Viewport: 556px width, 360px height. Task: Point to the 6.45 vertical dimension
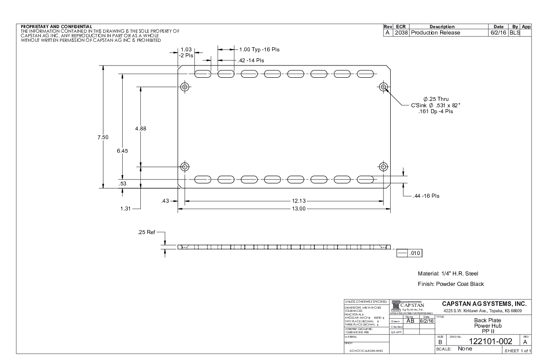pyautogui.click(x=123, y=151)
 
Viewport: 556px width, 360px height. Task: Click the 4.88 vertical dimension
pyautogui.click(x=141, y=128)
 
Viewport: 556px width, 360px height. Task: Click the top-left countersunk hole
pyautogui.click(x=185, y=86)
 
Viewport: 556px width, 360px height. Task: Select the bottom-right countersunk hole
pyautogui.click(x=384, y=166)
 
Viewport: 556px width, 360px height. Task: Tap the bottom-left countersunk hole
pyautogui.click(x=185, y=166)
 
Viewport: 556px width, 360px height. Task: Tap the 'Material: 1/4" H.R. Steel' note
pyautogui.click(x=448, y=274)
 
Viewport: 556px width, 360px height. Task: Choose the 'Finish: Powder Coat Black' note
pyautogui.click(x=451, y=284)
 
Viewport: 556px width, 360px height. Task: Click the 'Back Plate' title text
pyautogui.click(x=481, y=320)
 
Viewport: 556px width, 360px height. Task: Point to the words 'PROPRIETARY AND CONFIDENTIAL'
pyautogui.click(x=57, y=26)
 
